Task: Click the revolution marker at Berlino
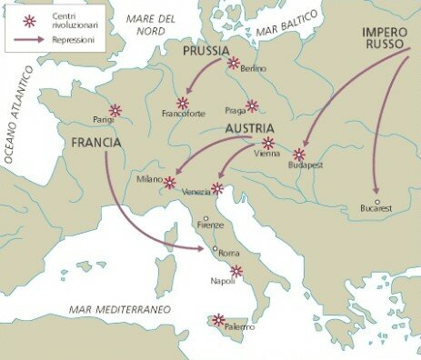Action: click(x=234, y=63)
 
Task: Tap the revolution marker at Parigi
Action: click(x=115, y=110)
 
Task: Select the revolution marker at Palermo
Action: click(x=218, y=319)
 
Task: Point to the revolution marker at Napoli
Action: click(x=236, y=271)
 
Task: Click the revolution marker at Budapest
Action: click(x=298, y=155)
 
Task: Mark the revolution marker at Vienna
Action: click(x=267, y=143)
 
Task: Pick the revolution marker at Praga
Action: click(x=252, y=105)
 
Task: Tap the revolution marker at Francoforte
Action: click(x=183, y=103)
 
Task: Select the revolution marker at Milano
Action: click(x=169, y=183)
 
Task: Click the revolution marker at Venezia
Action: click(x=216, y=189)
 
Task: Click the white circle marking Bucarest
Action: click(x=375, y=201)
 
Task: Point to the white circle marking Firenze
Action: click(x=205, y=218)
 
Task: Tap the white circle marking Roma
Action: click(x=215, y=247)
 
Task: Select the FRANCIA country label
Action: click(x=96, y=142)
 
